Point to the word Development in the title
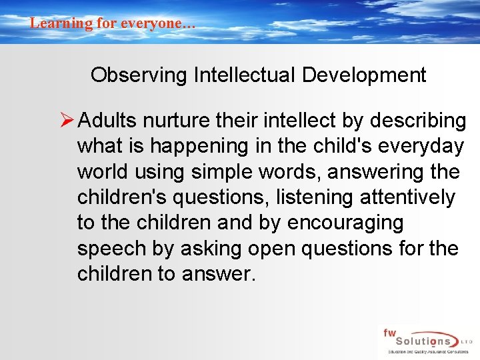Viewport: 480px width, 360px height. [x=364, y=75]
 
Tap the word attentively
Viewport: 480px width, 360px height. [x=415, y=197]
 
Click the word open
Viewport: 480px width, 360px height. [x=271, y=249]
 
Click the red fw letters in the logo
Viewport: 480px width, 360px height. [x=389, y=331]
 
